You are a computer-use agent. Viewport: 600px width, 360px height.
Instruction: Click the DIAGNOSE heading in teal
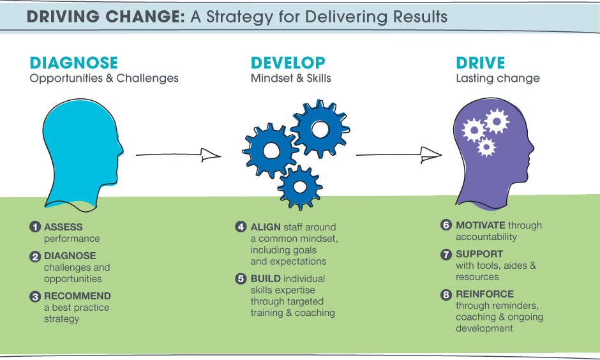tap(74, 63)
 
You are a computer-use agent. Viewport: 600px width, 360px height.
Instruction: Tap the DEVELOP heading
tap(288, 63)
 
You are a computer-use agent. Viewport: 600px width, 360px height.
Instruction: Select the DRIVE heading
tap(481, 63)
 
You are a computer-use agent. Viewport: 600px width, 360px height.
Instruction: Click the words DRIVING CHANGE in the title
tap(106, 17)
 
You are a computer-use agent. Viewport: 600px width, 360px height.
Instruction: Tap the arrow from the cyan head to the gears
tap(178, 155)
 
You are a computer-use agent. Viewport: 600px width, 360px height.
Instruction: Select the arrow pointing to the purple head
tap(399, 155)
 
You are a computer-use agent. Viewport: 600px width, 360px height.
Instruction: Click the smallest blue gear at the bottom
tap(300, 188)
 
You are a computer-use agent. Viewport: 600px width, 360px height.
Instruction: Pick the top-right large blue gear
tap(320, 130)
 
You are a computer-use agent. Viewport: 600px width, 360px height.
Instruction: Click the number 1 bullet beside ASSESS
tap(35, 227)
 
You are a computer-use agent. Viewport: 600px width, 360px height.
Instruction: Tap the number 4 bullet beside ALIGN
tap(241, 227)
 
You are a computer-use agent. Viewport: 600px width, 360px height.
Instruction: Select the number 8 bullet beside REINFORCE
tap(446, 295)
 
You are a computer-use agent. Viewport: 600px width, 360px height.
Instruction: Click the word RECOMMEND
tap(77, 296)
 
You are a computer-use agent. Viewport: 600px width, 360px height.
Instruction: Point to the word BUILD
tap(266, 278)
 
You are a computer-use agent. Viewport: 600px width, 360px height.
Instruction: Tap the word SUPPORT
tap(479, 254)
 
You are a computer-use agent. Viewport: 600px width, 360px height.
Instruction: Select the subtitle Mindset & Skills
tap(291, 79)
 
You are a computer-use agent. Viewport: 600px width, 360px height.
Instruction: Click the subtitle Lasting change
tap(498, 79)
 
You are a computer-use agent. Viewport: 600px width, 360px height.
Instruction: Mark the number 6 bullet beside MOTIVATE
tap(446, 225)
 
